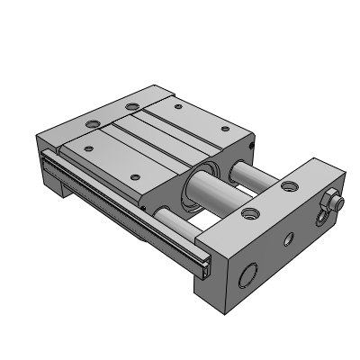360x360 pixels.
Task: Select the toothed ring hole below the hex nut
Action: pyautogui.click(x=320, y=220)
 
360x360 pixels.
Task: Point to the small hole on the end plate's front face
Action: pyautogui.click(x=288, y=240)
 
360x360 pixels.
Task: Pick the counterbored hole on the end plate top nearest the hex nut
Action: pyautogui.click(x=288, y=186)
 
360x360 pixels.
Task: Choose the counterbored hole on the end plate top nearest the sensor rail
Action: pyautogui.click(x=248, y=213)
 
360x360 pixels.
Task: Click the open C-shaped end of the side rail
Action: pyautogui.click(x=205, y=266)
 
